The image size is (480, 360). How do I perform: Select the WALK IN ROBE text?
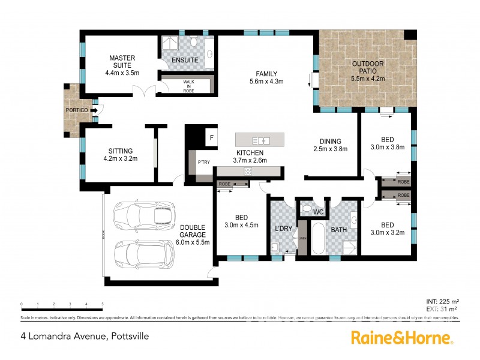189,85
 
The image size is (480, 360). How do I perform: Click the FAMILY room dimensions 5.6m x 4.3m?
266,81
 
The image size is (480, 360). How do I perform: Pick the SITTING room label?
120,151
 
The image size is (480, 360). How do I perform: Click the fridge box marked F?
211,138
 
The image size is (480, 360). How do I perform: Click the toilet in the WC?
307,209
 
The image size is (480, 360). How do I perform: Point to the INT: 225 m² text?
443,301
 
